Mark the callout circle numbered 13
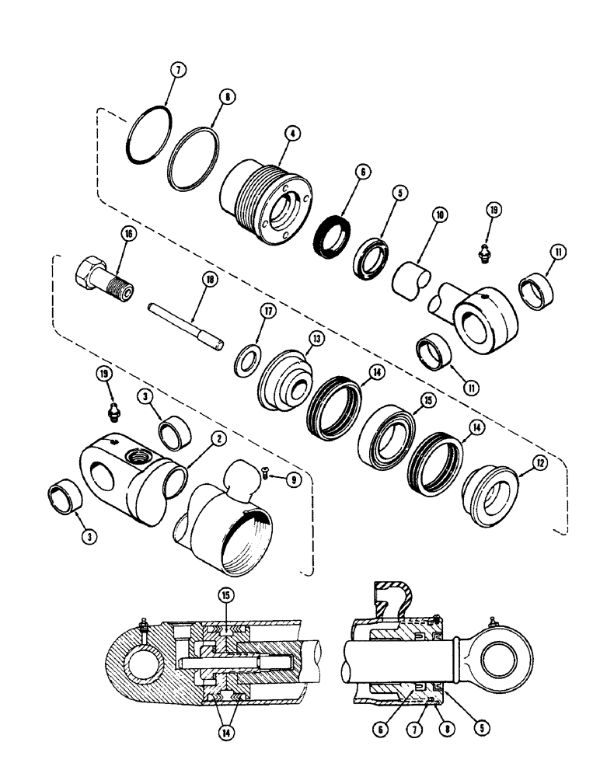pyautogui.click(x=316, y=339)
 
